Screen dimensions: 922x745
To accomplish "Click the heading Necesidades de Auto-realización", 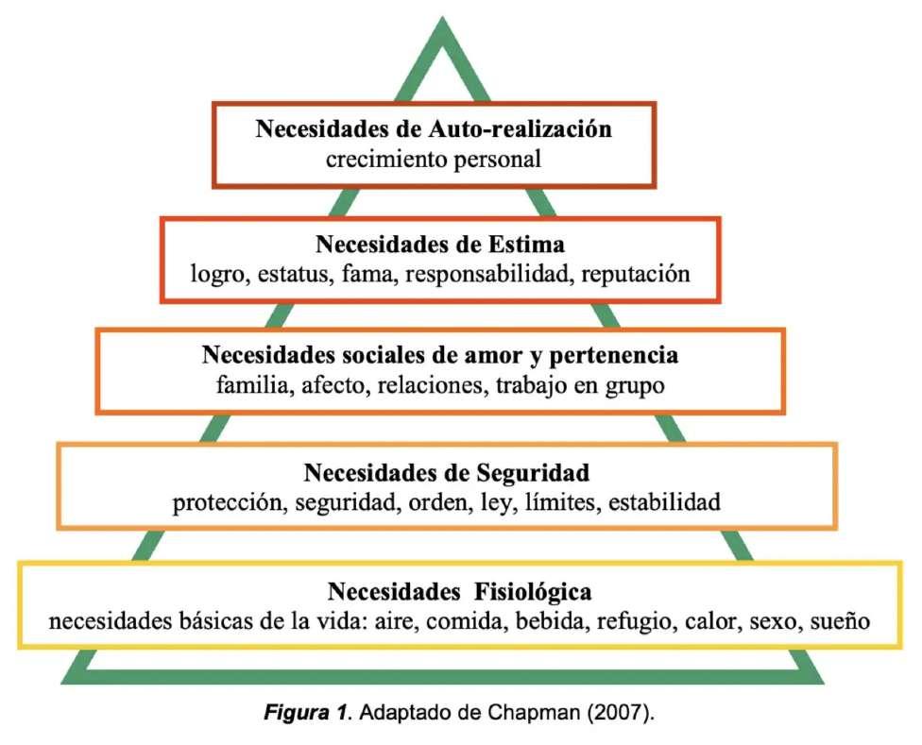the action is (434, 129).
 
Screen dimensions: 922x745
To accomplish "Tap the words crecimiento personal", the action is (434, 158).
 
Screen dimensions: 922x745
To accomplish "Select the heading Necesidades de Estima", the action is (440, 245).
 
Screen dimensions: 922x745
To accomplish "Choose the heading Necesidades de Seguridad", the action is (447, 470).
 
